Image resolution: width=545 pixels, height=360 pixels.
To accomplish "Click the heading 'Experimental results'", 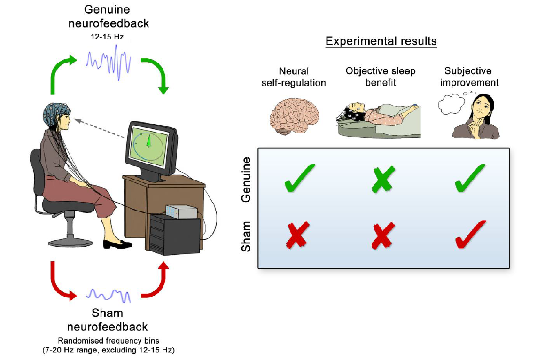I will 381,41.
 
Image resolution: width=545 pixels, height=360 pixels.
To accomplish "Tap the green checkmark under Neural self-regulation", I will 300,179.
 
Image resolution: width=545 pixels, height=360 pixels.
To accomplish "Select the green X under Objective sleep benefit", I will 382,179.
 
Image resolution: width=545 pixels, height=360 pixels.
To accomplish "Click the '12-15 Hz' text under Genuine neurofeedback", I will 108,36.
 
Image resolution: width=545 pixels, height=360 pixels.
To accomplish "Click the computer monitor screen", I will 149,143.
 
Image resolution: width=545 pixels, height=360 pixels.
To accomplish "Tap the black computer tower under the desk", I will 175,235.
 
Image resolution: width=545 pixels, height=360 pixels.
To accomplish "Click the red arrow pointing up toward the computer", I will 157,282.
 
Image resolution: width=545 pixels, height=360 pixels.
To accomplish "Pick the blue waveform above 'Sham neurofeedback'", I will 109,295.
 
